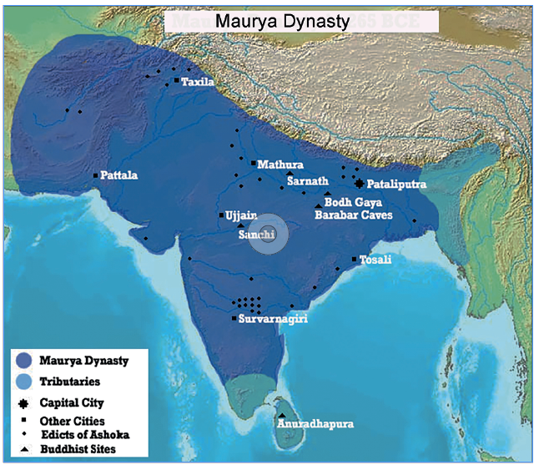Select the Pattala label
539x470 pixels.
(x=119, y=176)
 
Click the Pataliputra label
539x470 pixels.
(x=397, y=184)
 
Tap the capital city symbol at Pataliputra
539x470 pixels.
(x=359, y=184)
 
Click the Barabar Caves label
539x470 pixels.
(x=353, y=215)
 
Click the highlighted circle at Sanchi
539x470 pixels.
(x=269, y=237)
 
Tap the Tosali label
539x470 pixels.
(x=376, y=260)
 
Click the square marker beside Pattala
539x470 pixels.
(x=96, y=175)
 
